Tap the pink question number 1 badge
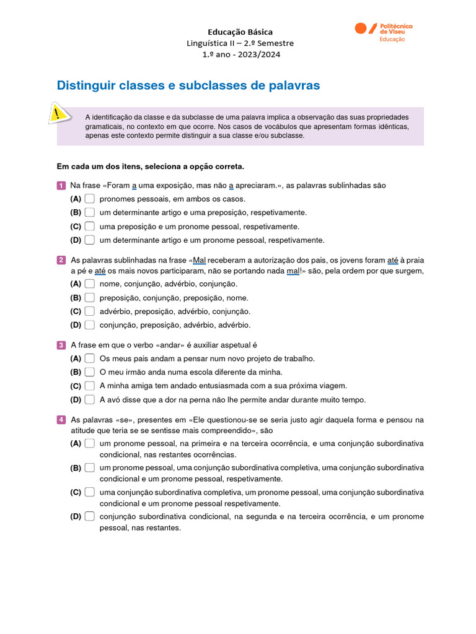tap(61, 186)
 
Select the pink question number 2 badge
tap(61, 260)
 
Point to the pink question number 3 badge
tap(61, 345)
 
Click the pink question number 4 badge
tap(61, 420)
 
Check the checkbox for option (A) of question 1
tap(90, 199)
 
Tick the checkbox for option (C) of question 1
tap(90, 227)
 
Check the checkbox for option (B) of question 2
tap(90, 298)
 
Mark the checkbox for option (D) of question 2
tap(90, 325)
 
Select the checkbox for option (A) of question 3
tap(90, 358)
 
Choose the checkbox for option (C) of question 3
tap(90, 386)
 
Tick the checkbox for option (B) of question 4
tap(90, 467)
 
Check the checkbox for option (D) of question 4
tap(90, 516)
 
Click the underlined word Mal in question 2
tap(200, 260)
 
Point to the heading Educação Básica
tap(240, 32)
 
